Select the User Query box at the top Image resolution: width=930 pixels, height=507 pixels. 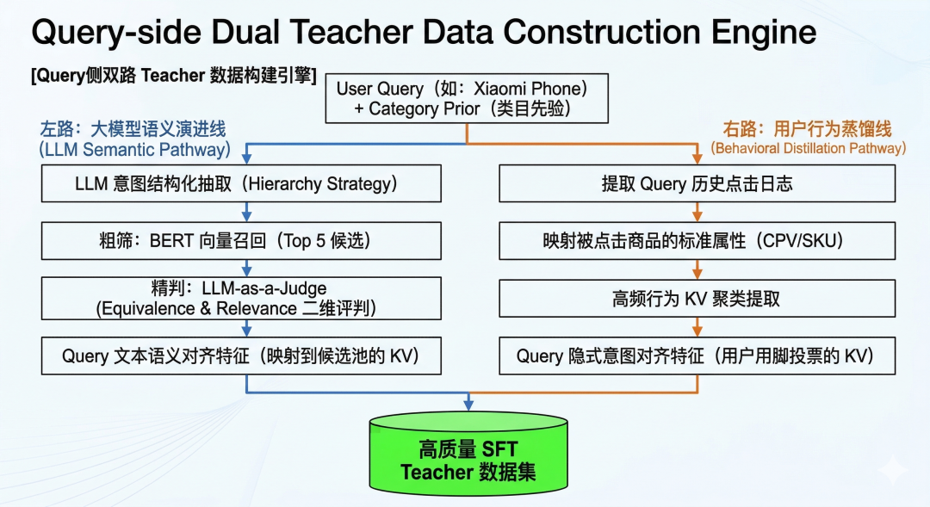(x=466, y=99)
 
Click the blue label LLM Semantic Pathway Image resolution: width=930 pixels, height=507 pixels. (x=134, y=149)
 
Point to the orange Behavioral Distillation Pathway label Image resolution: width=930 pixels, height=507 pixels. (x=808, y=148)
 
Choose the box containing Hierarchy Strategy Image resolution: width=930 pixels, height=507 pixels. (x=241, y=184)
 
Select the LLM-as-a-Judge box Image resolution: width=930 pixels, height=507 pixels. (x=241, y=297)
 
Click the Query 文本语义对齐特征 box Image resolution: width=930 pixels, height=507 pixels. (x=241, y=356)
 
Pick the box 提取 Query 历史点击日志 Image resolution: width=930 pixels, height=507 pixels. (x=697, y=184)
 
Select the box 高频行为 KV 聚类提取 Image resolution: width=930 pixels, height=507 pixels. (x=697, y=298)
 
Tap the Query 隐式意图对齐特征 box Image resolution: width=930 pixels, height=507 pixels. (x=697, y=356)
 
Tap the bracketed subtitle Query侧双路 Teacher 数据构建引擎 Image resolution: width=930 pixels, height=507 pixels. (x=173, y=75)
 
